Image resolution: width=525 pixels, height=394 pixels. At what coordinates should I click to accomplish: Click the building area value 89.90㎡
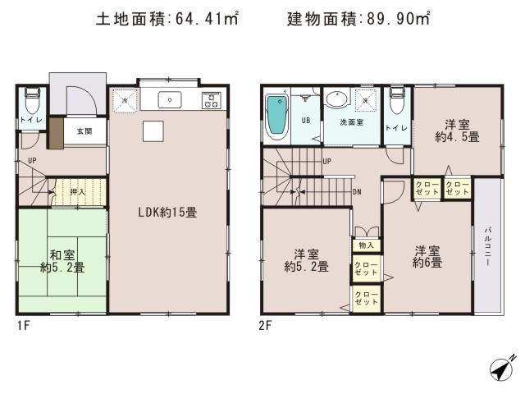[401, 18]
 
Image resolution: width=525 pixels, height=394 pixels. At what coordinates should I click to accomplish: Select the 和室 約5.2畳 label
[61, 260]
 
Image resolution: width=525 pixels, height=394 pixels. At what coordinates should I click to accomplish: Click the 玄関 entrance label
[84, 131]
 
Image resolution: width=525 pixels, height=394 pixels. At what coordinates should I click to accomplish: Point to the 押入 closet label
[77, 192]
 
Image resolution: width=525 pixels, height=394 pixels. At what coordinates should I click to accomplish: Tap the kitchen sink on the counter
[173, 100]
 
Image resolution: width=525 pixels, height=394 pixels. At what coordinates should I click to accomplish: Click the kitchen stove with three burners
[212, 100]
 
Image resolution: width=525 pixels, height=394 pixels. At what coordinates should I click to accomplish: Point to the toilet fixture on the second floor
[397, 103]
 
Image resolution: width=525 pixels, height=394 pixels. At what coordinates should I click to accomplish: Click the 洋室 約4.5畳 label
[457, 131]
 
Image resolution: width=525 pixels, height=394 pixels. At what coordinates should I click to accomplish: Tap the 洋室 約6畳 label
[427, 257]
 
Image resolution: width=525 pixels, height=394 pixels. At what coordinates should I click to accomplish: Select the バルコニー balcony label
[486, 246]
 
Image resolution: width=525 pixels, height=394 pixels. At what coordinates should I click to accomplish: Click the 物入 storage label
[366, 245]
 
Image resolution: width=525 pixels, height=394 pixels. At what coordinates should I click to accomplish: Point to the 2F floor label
[265, 324]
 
